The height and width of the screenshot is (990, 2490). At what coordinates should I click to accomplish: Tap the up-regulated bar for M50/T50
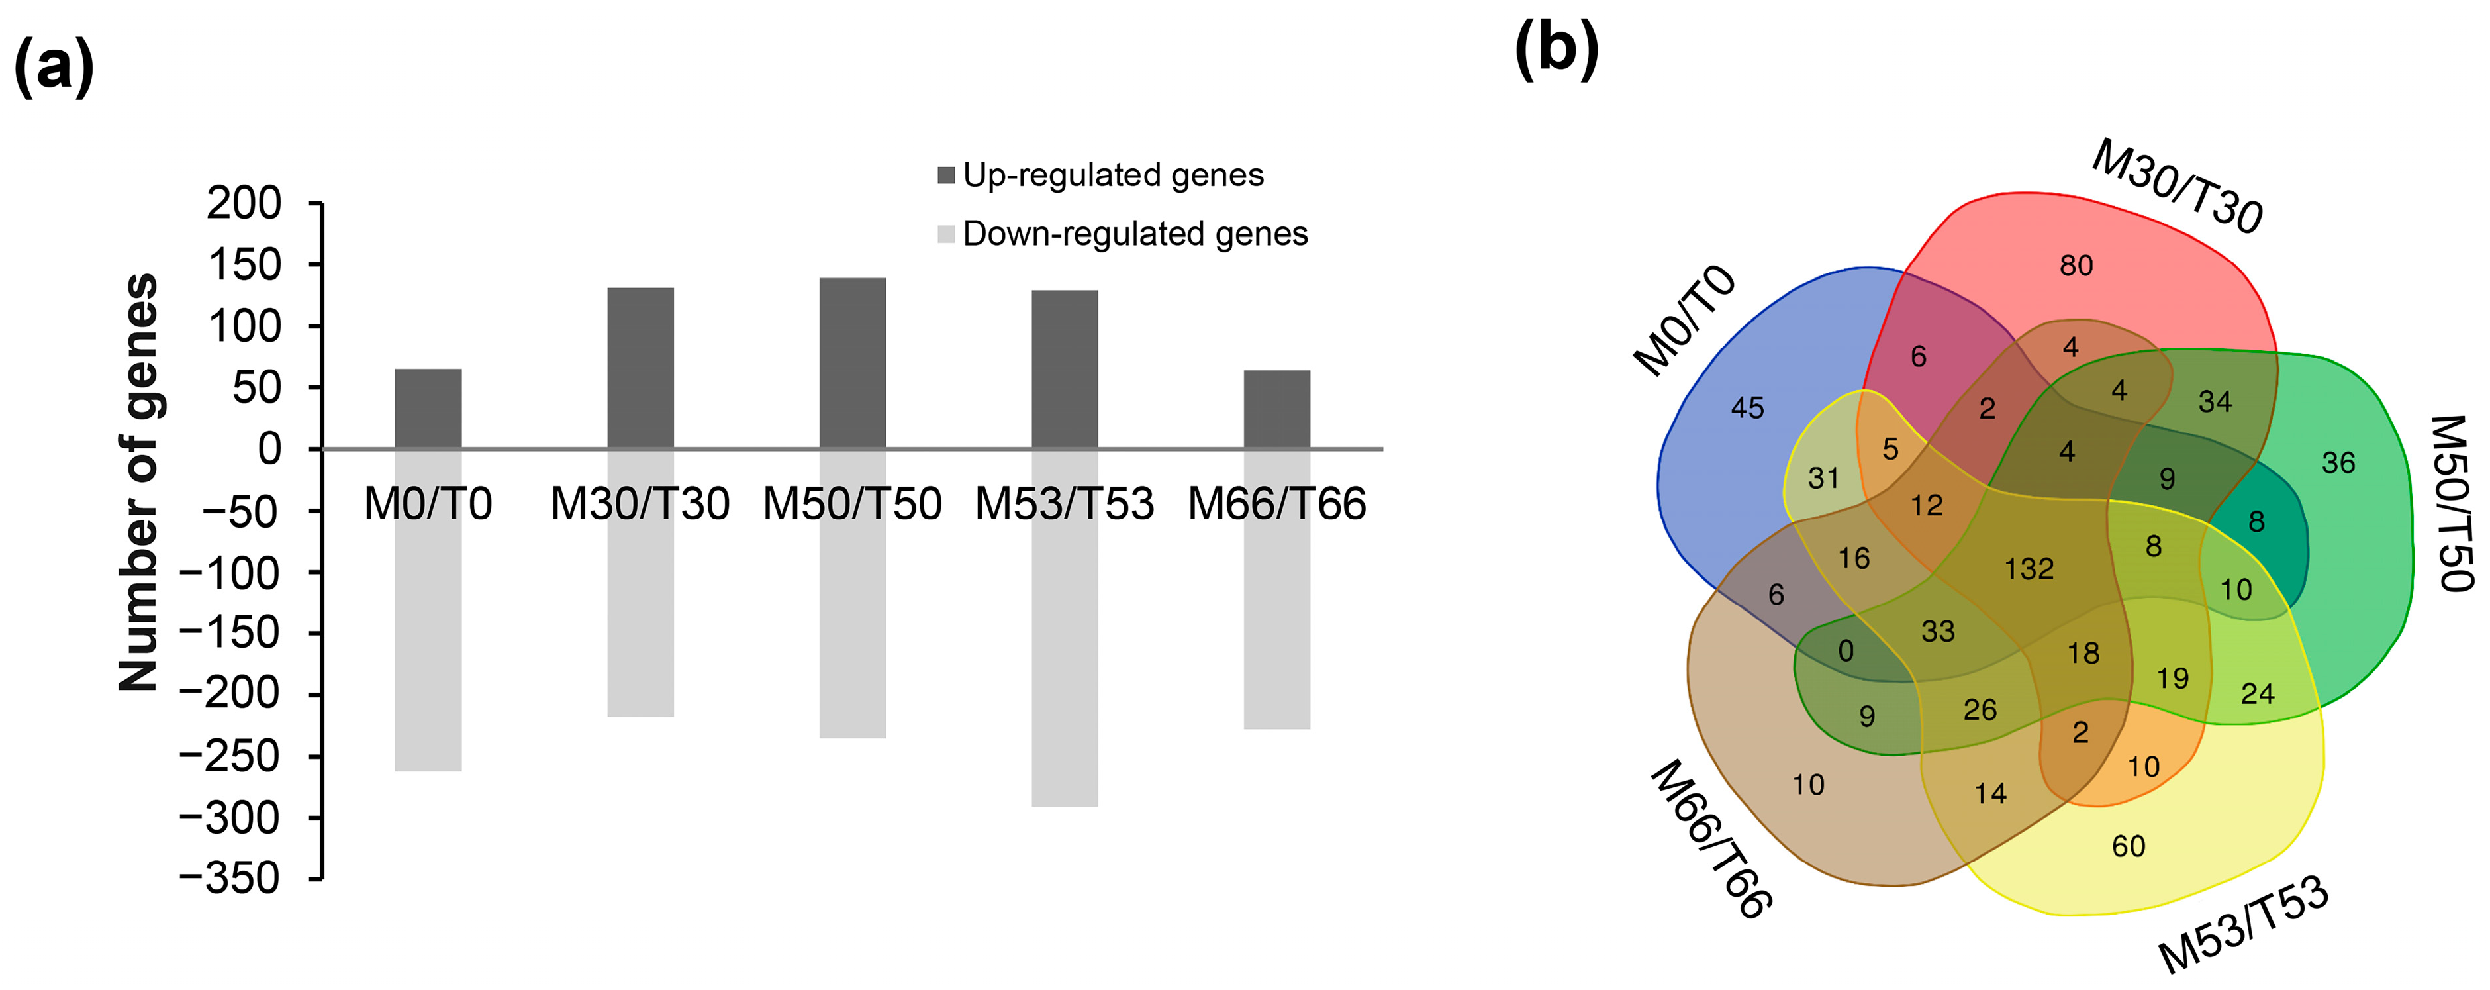pos(853,364)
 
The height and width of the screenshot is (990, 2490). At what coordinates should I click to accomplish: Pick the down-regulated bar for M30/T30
pos(640,619)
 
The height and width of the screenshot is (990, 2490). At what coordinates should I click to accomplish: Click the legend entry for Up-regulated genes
pos(1101,175)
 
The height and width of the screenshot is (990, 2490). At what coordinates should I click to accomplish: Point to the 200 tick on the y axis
pos(244,204)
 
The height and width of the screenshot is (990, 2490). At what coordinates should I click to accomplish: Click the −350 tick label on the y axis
pos(230,878)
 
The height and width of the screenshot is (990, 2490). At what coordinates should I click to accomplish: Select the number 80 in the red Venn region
pos(2076,265)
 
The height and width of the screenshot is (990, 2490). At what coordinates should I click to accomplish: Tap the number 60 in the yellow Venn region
pos(2127,847)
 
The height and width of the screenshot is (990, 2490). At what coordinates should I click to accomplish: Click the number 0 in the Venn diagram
pos(1845,651)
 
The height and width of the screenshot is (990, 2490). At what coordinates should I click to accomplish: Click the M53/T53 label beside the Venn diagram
pos(2242,926)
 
